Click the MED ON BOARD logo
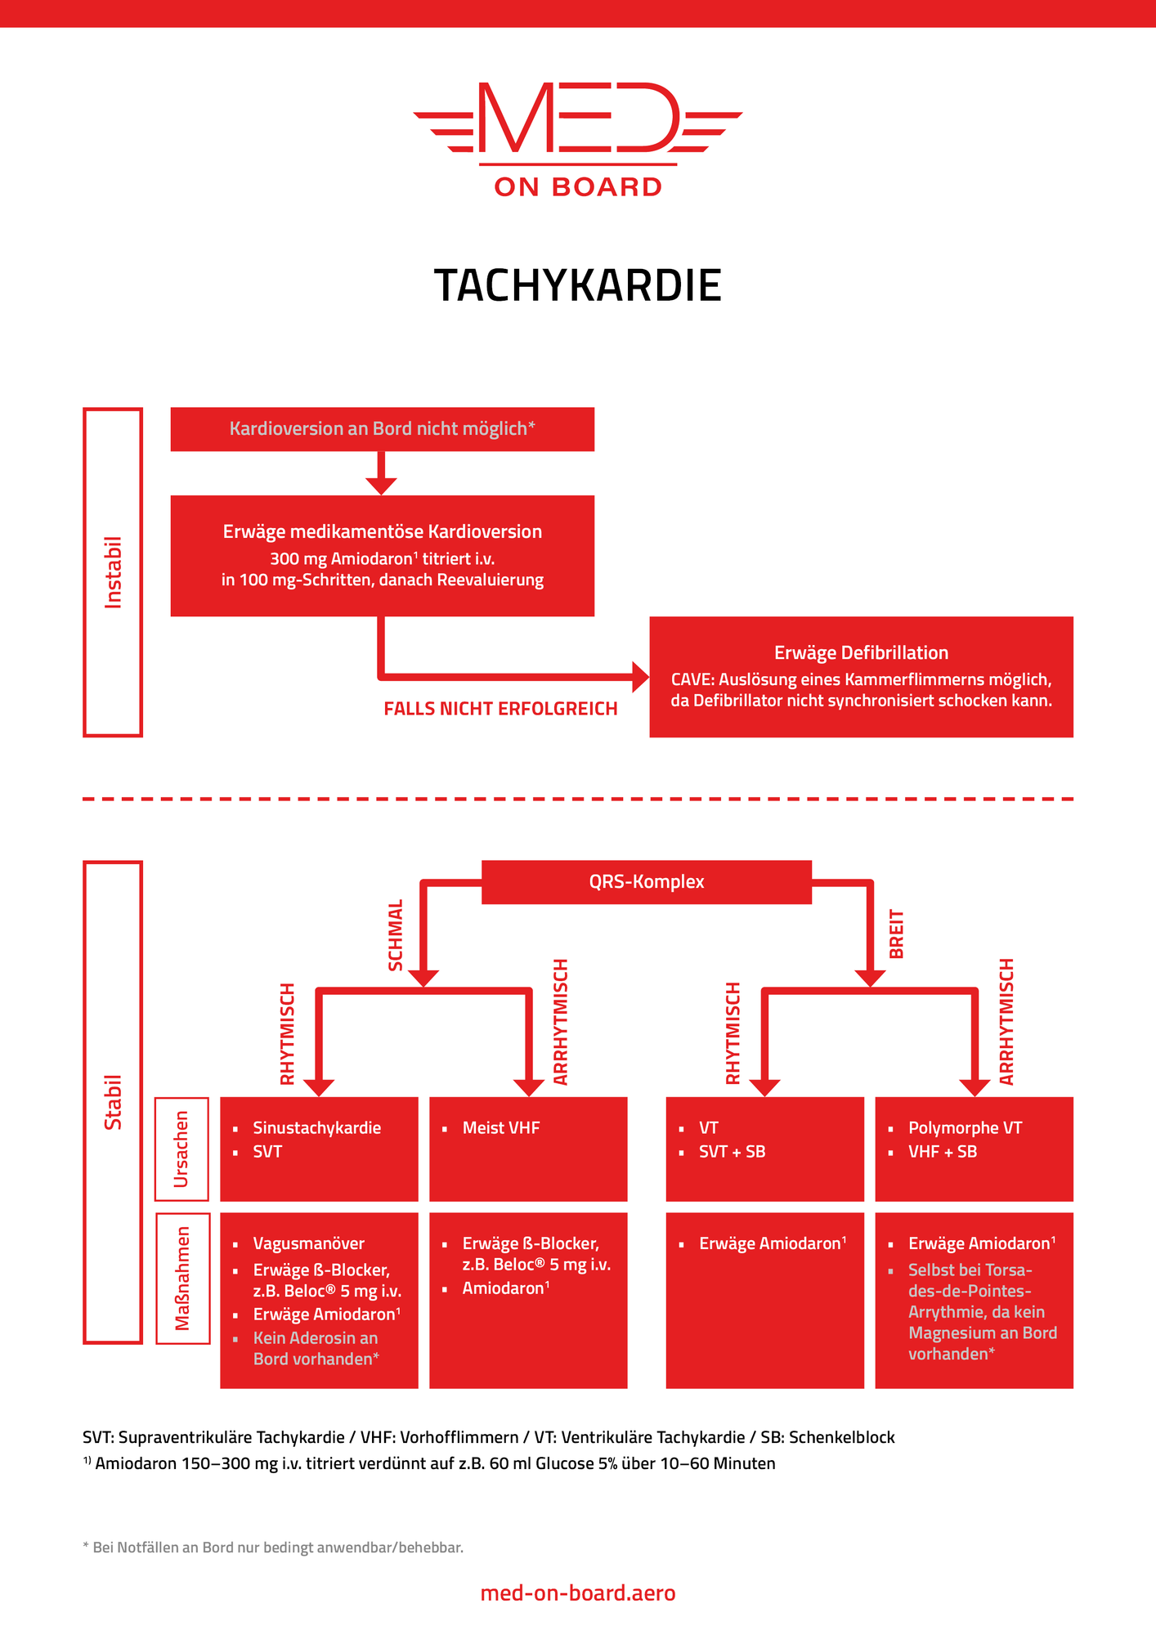[578, 139]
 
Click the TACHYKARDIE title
[578, 285]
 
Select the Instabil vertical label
[113, 572]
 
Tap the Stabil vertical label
[113, 1102]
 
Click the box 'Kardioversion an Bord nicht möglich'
[382, 429]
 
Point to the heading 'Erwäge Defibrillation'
[861, 652]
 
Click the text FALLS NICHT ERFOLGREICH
[500, 709]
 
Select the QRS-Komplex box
[646, 882]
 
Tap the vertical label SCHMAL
[396, 935]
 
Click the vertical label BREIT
[897, 934]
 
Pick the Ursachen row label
[181, 1149]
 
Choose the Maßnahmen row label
[182, 1278]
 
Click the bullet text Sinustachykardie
[316, 1128]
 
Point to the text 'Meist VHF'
[500, 1128]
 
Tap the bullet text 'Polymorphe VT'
[965, 1128]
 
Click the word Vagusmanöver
[308, 1243]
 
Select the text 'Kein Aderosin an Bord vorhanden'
[315, 1348]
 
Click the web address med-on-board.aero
[578, 1592]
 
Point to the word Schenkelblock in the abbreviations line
[841, 1437]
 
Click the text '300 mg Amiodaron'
[340, 559]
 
